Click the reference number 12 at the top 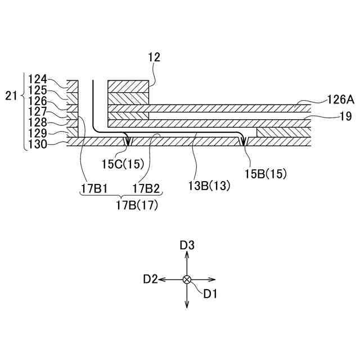tap(154, 57)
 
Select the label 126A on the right tap(340, 100)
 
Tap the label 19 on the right tap(345, 116)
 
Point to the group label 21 tap(11, 96)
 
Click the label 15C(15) tap(123, 164)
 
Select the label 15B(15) tap(265, 174)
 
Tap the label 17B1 tap(94, 189)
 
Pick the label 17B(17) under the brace tap(137, 205)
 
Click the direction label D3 tap(187, 245)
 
